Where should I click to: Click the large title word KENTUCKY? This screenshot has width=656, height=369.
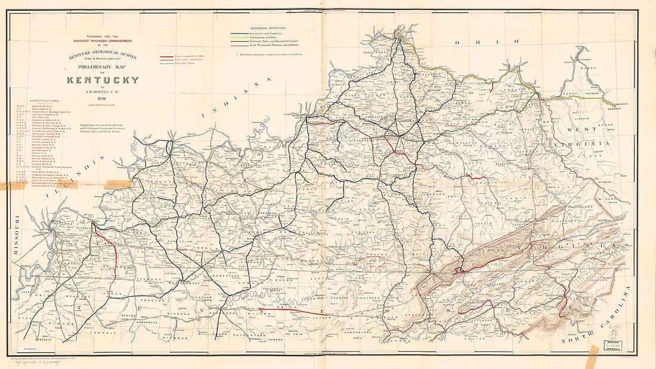[103, 80]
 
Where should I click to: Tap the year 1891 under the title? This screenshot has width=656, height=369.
[103, 99]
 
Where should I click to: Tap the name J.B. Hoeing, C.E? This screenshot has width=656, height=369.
[103, 91]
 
